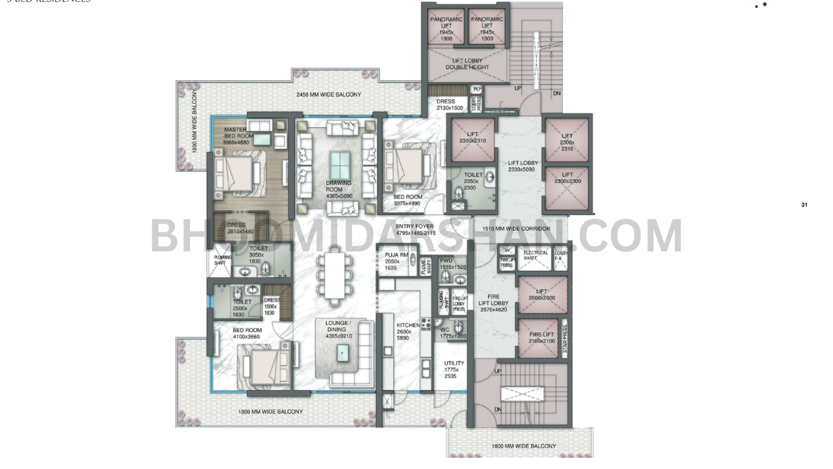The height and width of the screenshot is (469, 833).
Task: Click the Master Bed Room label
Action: coord(236,135)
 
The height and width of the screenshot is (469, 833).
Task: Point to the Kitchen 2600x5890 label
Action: coord(409,332)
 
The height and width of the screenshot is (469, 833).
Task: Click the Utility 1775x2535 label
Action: coord(454,369)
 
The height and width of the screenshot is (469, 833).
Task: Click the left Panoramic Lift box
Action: coord(446,29)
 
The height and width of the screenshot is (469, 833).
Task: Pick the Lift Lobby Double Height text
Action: coord(467,64)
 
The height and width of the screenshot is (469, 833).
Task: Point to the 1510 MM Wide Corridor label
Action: coord(516,229)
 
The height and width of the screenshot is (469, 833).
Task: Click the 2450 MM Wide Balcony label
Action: coord(329,95)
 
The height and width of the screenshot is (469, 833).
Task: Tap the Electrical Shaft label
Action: coord(536,255)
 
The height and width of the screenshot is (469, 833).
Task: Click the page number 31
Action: coord(804,205)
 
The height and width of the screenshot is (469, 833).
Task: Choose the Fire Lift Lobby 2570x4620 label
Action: coord(493,303)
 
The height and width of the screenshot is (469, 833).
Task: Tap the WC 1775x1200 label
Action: coord(453,333)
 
